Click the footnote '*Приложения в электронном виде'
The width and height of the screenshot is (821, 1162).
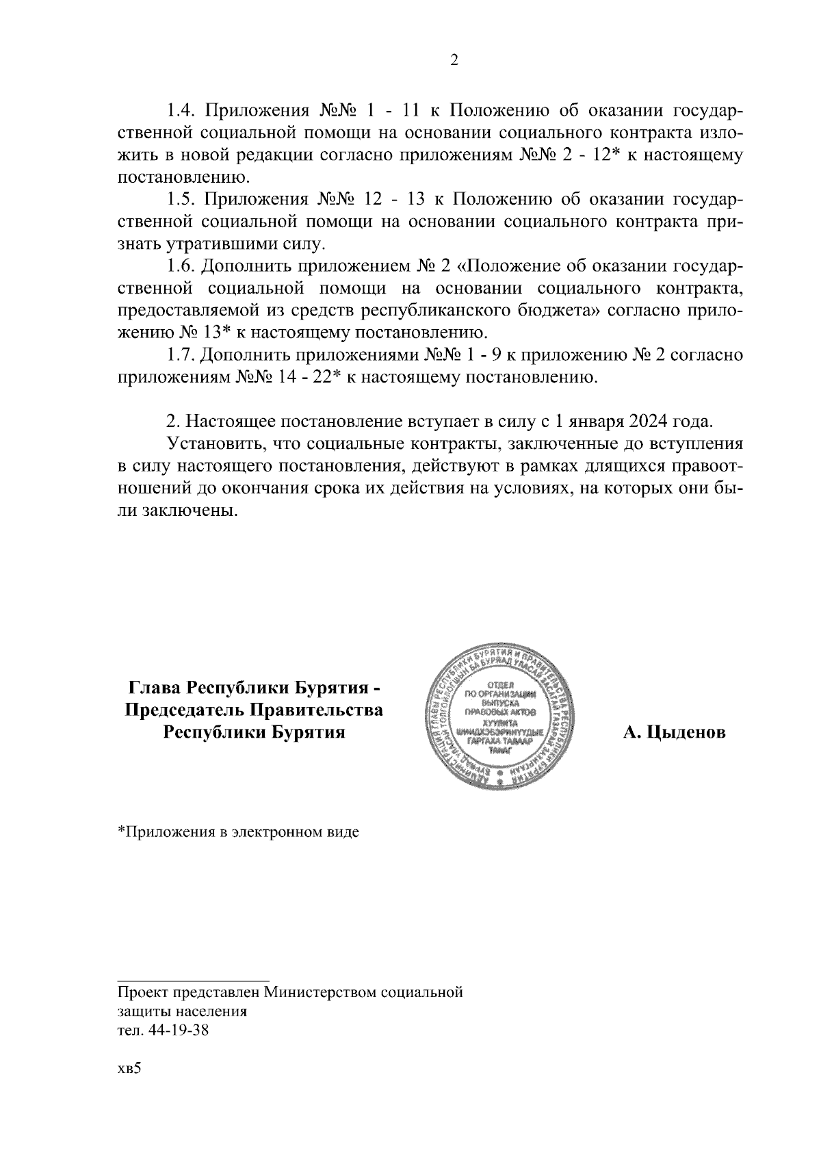click(238, 833)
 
